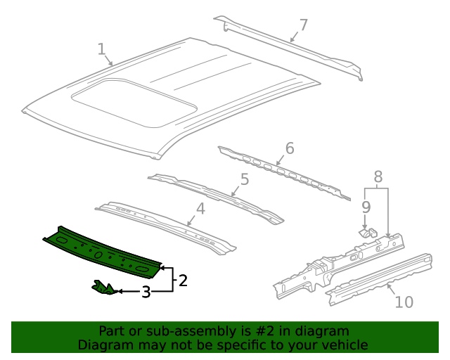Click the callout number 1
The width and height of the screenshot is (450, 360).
[101, 49]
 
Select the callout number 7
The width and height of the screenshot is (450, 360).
[303, 25]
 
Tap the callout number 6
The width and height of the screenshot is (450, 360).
[289, 148]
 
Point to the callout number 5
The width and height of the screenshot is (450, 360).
[244, 179]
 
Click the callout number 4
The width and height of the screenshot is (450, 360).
[200, 208]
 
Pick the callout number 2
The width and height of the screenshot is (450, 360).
[183, 281]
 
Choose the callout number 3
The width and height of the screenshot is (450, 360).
[146, 292]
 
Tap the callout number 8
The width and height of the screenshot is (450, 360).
[378, 176]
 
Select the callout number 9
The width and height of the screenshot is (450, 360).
[366, 207]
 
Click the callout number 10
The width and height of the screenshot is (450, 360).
[404, 302]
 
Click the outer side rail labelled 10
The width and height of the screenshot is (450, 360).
[380, 278]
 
